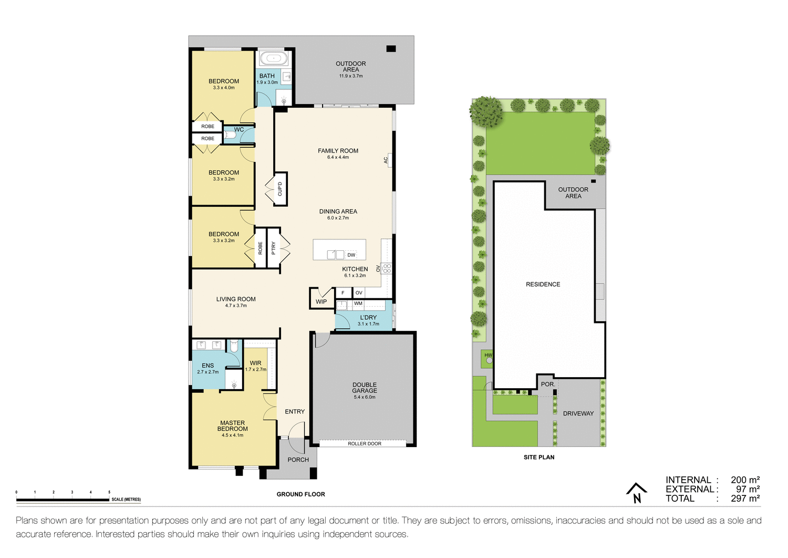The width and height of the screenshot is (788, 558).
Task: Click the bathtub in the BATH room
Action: pyautogui.click(x=273, y=58)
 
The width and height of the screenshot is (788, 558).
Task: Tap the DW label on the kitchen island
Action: pyautogui.click(x=351, y=255)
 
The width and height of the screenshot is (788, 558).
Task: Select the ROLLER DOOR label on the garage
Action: pyautogui.click(x=365, y=444)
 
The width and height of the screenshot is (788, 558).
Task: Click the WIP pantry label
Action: pyautogui.click(x=321, y=302)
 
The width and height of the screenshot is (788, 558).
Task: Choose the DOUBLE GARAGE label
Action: pyautogui.click(x=365, y=388)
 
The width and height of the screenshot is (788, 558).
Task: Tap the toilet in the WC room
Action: pyautogui.click(x=230, y=135)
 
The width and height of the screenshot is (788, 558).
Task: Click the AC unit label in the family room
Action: pyautogui.click(x=386, y=160)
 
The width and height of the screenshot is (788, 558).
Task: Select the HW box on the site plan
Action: pyautogui.click(x=488, y=356)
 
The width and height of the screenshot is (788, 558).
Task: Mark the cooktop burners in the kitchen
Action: pyautogui.click(x=387, y=269)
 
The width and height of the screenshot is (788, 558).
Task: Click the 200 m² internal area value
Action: pyautogui.click(x=745, y=480)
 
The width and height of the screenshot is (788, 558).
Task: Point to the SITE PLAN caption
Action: pyautogui.click(x=538, y=458)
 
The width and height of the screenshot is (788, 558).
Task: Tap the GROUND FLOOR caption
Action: pyautogui.click(x=300, y=494)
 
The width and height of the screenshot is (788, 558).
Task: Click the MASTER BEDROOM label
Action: pyautogui.click(x=232, y=426)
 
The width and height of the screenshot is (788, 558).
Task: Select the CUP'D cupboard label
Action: pyautogui.click(x=280, y=189)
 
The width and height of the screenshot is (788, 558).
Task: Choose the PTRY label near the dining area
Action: pyautogui.click(x=274, y=248)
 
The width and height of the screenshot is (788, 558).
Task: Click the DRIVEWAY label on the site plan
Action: pyautogui.click(x=578, y=414)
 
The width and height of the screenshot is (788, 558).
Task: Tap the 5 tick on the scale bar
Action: pyautogui.click(x=109, y=493)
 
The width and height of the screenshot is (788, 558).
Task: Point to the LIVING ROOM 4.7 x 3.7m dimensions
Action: pyautogui.click(x=236, y=306)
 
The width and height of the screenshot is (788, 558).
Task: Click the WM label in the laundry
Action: pyautogui.click(x=358, y=303)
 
